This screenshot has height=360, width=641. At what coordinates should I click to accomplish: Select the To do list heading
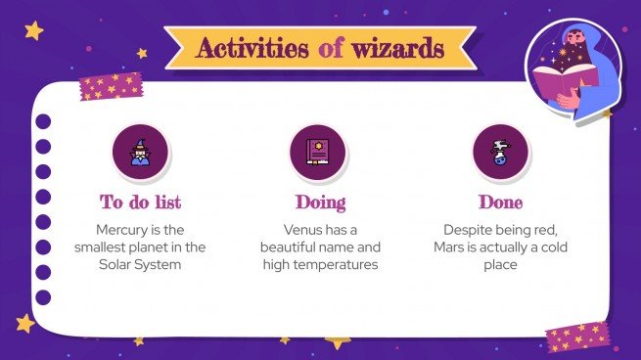[x=141, y=202]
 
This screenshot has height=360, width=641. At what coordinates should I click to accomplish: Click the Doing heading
[x=320, y=202]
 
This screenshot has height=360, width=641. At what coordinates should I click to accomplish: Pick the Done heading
[x=500, y=202]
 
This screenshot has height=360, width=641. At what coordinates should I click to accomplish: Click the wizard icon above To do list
[x=141, y=152]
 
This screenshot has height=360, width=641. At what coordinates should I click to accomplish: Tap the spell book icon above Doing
[x=320, y=152]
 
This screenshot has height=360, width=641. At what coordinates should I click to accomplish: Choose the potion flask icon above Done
[x=500, y=152]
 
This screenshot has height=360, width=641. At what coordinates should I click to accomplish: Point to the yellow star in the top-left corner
[x=33, y=30]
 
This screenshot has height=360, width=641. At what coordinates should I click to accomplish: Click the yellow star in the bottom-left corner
[x=24, y=323]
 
